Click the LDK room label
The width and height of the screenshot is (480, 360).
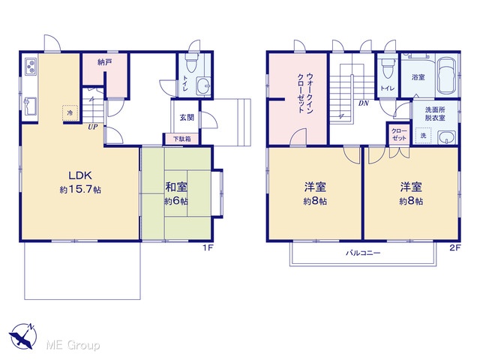click(x=80, y=175)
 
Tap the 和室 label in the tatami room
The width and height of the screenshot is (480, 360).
click(x=176, y=187)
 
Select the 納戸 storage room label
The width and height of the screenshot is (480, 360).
click(x=105, y=62)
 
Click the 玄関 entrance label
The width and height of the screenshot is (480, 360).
click(x=187, y=117)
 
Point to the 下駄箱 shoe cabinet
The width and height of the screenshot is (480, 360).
click(x=182, y=139)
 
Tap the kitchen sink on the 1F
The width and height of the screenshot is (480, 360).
click(x=30, y=106)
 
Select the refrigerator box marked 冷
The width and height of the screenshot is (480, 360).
click(x=70, y=112)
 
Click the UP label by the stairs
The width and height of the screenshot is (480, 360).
click(x=93, y=127)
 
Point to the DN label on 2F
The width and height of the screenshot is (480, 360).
click(x=364, y=103)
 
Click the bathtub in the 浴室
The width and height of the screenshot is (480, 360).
click(x=446, y=75)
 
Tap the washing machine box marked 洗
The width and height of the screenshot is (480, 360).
click(x=423, y=135)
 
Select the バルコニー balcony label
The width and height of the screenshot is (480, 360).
click(x=363, y=253)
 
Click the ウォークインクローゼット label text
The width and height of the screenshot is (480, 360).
click(x=305, y=93)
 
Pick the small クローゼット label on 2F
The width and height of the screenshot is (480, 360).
click(x=399, y=135)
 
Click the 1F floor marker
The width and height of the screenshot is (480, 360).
click(x=208, y=247)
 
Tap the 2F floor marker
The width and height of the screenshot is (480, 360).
click(x=455, y=247)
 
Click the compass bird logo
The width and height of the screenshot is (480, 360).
click(x=23, y=337)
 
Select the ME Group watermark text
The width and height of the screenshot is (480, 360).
click(x=73, y=346)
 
